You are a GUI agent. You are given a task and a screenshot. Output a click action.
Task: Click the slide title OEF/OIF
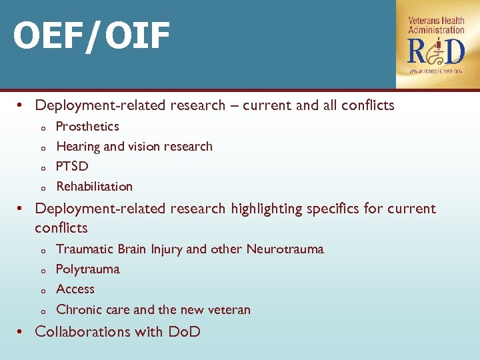tap(92, 36)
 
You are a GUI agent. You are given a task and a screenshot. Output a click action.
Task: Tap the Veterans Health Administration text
tap(436, 25)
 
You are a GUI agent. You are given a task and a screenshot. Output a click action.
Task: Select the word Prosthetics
tap(87, 127)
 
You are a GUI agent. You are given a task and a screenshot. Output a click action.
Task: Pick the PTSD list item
tap(72, 167)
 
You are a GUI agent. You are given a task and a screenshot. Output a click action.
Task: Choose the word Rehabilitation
tap(94, 187)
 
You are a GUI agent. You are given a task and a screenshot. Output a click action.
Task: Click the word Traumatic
tap(85, 249)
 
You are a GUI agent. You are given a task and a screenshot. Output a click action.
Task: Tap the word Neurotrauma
tap(285, 249)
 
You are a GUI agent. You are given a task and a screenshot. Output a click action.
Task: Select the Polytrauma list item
tap(88, 269)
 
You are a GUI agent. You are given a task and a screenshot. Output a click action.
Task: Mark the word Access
tap(75, 289)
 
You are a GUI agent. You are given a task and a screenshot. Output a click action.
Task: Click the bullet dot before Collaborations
tap(21, 331)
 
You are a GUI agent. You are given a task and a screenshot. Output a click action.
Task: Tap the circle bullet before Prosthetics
tap(42, 128)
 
